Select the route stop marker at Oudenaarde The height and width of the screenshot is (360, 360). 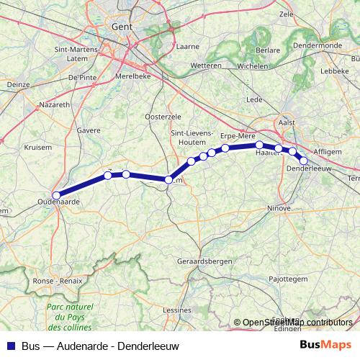pyautogui.click(x=55, y=193)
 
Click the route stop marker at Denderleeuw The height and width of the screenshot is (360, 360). pyautogui.click(x=304, y=161)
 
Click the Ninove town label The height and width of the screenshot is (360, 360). pyautogui.click(x=279, y=208)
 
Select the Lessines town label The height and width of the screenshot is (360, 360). pyautogui.click(x=178, y=310)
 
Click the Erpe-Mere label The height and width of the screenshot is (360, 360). pyautogui.click(x=238, y=135)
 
